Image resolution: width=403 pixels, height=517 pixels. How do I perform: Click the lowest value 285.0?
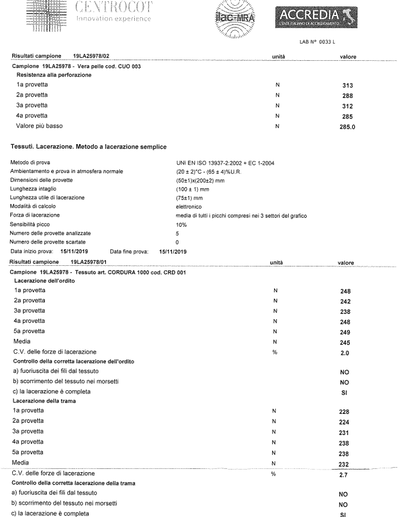pyautogui.click(x=348, y=126)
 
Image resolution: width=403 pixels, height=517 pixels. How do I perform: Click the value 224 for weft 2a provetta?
pyautogui.click(x=345, y=423)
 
